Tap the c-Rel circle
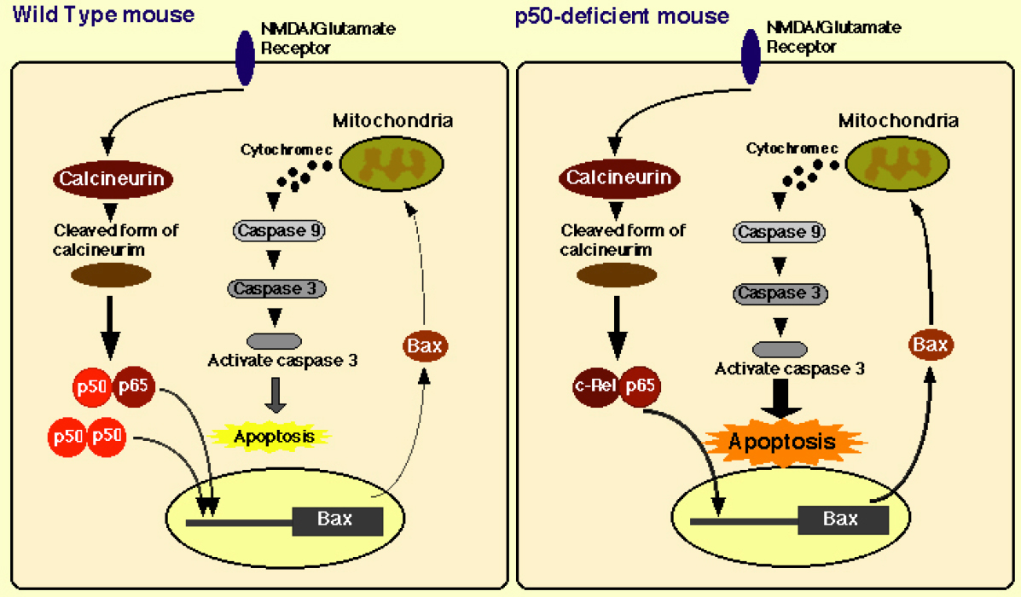coord(595,385)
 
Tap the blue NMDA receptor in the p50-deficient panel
coord(751,56)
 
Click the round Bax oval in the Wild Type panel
coord(424,346)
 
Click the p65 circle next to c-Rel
coord(641,385)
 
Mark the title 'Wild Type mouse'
coord(104,14)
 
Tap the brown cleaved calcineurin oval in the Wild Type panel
coord(111,275)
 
